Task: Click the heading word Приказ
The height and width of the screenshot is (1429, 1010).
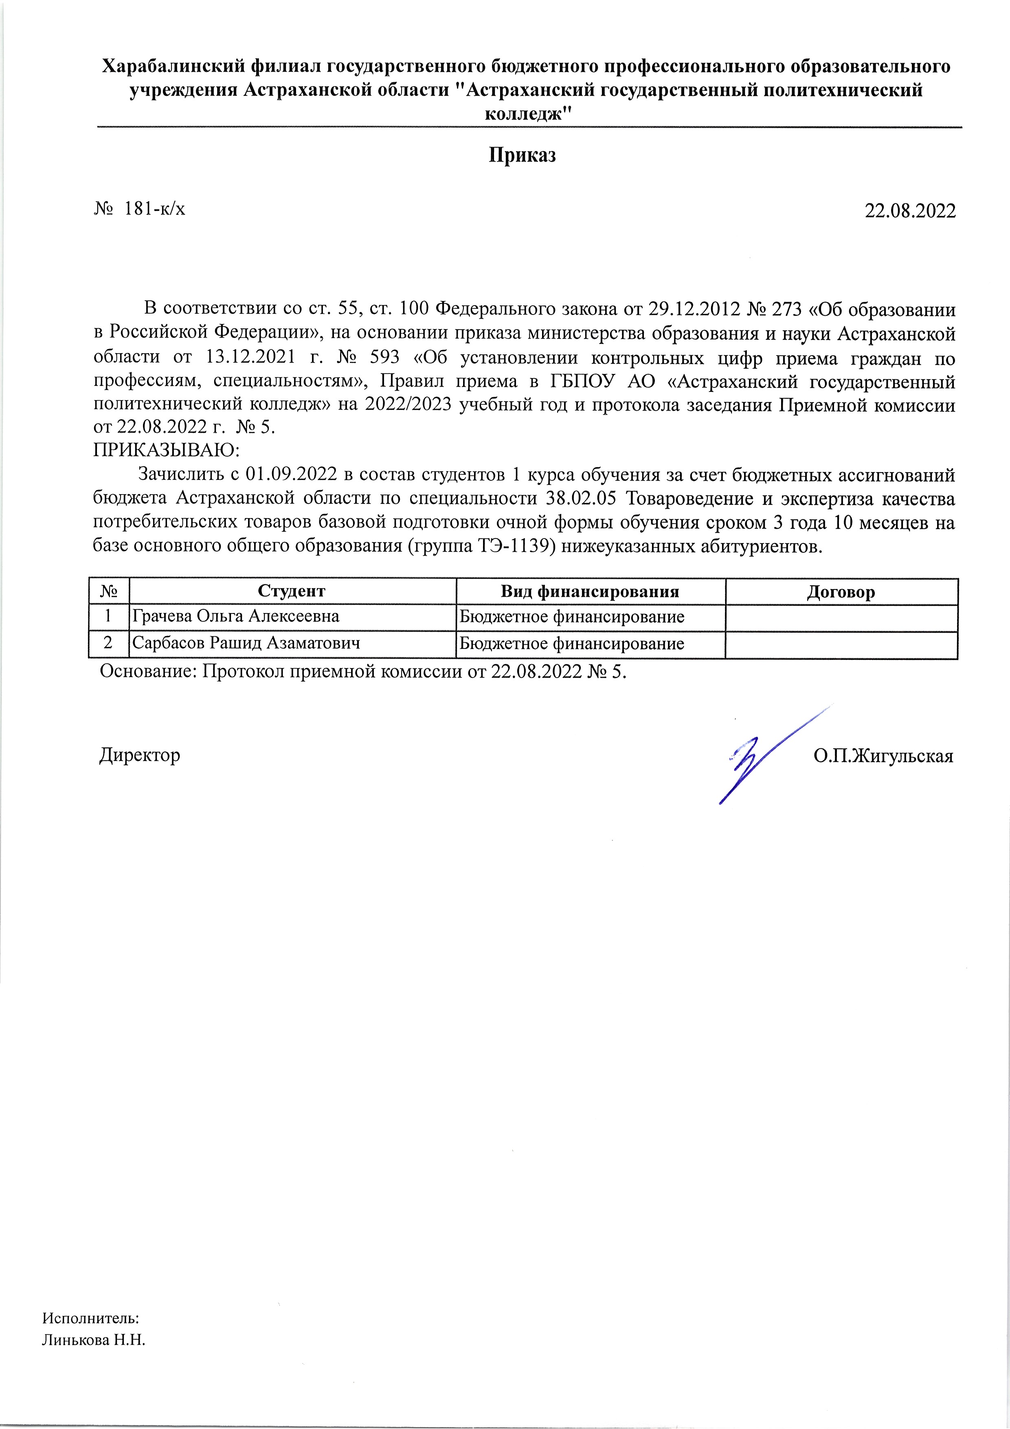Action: pyautogui.click(x=521, y=155)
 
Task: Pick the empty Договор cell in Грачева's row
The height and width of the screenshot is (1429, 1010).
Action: pyautogui.click(x=841, y=618)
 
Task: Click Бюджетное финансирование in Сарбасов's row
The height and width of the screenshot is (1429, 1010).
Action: pyautogui.click(x=571, y=644)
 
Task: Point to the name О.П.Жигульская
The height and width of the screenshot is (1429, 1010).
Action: pyautogui.click(x=883, y=756)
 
